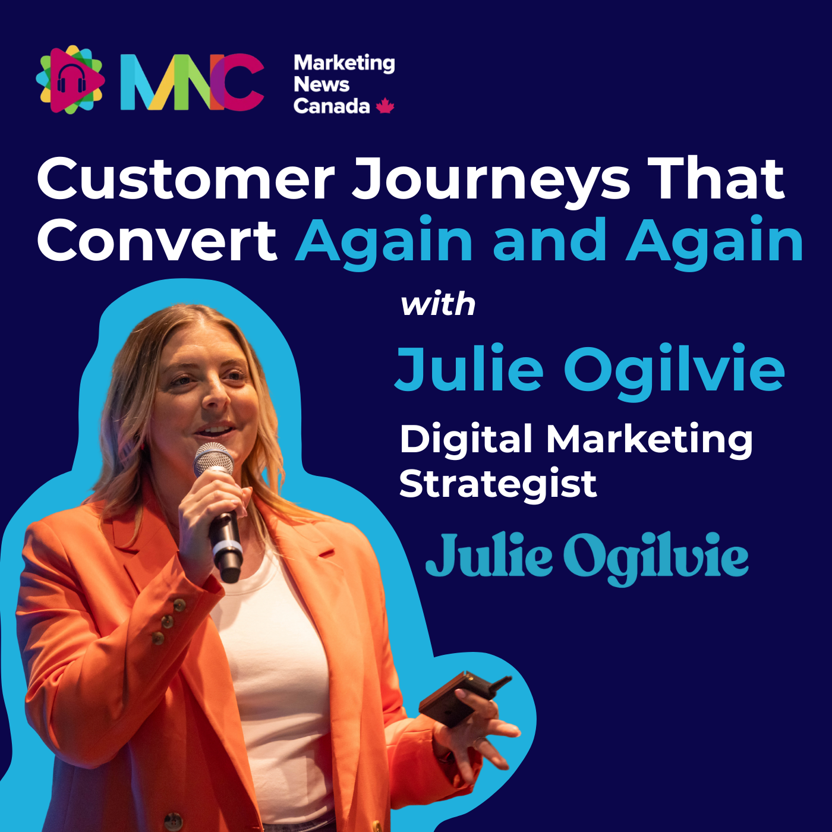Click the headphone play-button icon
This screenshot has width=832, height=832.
tap(70, 80)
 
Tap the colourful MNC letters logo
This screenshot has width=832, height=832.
tap(192, 82)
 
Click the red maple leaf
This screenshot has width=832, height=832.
tap(385, 106)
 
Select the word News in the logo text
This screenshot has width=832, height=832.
tap(322, 84)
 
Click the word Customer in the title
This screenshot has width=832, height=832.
tap(186, 179)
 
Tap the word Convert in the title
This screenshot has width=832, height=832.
tap(157, 241)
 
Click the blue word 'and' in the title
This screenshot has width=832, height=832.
tap(550, 241)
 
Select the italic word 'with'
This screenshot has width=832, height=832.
tap(438, 305)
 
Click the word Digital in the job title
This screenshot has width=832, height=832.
tap(466, 440)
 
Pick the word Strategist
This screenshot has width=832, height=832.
tap(498, 484)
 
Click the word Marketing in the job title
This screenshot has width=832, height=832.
tap(649, 440)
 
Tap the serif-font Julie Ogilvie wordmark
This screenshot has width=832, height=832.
tap(587, 557)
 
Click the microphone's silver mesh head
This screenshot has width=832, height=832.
tap(213, 459)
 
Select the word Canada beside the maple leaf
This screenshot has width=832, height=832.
tap(331, 106)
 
